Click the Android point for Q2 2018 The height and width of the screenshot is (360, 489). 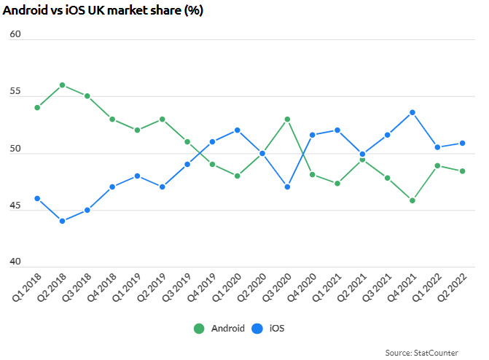(62, 85)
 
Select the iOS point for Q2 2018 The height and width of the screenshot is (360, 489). (62, 222)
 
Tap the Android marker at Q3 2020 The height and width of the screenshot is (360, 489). (287, 120)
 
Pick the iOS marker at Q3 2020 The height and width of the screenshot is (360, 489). (287, 187)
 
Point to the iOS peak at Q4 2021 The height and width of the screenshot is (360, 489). (412, 113)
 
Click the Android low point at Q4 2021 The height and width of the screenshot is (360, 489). (412, 200)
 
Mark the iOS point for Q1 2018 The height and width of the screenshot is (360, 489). (37, 198)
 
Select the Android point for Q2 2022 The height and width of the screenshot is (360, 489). (463, 171)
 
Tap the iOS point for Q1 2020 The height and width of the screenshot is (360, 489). (238, 130)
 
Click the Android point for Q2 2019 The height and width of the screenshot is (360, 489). (163, 120)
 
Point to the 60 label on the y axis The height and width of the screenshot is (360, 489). (15, 34)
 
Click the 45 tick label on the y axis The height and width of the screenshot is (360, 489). (15, 206)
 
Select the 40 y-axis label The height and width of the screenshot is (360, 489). (15, 262)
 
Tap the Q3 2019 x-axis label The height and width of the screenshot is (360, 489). (176, 287)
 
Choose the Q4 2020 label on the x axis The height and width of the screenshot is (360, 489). (302, 287)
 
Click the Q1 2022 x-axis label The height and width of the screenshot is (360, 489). (426, 287)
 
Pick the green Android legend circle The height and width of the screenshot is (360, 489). (199, 329)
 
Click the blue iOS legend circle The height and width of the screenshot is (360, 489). (257, 329)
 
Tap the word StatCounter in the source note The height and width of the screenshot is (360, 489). (436, 353)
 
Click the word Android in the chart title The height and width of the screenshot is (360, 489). (25, 10)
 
